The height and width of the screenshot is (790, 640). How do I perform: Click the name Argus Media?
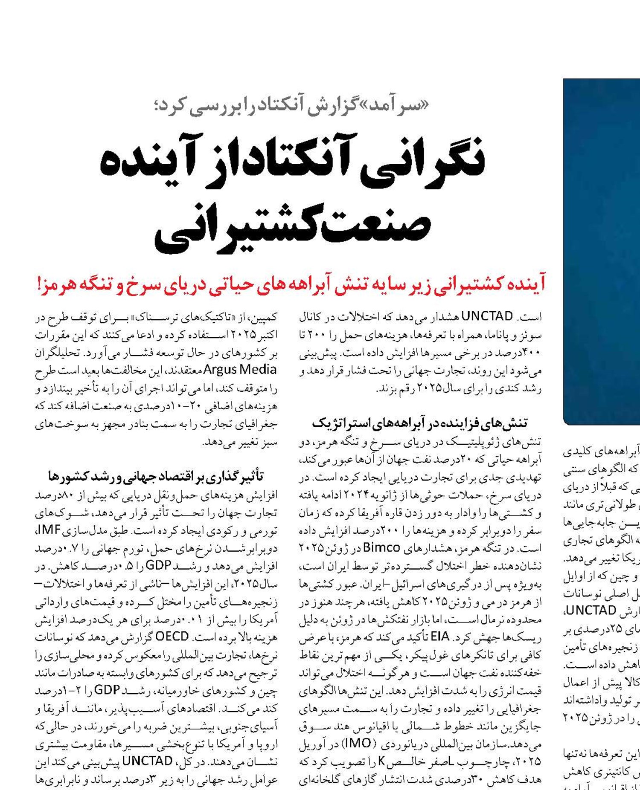(240, 370)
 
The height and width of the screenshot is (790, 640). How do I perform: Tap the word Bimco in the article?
(381, 547)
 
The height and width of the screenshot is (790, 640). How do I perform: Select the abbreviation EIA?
(440, 637)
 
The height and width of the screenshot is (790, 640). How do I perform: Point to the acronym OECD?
(172, 637)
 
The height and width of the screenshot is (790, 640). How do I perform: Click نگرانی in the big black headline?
(423, 161)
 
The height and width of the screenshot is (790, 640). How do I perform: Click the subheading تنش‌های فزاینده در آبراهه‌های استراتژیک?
(420, 423)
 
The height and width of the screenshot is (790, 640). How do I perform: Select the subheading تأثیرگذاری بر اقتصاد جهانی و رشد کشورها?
(156, 476)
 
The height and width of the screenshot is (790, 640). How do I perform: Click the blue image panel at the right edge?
(602, 252)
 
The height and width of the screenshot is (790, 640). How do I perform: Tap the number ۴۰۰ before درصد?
(531, 353)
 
